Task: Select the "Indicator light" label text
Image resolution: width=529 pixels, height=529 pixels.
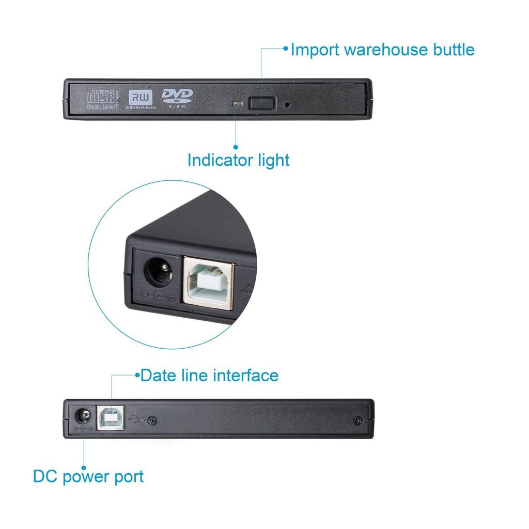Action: pyautogui.click(x=238, y=160)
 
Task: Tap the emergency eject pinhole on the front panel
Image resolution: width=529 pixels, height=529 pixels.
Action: pyautogui.click(x=287, y=104)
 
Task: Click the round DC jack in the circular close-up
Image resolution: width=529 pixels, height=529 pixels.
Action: pyautogui.click(x=157, y=272)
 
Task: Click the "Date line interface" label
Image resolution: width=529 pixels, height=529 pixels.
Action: pyautogui.click(x=209, y=375)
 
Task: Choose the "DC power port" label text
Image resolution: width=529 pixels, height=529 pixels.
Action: pyautogui.click(x=88, y=476)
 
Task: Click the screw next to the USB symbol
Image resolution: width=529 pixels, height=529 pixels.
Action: pyautogui.click(x=152, y=421)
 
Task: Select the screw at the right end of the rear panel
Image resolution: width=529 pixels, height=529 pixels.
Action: pyautogui.click(x=357, y=421)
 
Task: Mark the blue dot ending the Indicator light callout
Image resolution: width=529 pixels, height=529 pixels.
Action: pyautogui.click(x=236, y=147)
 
